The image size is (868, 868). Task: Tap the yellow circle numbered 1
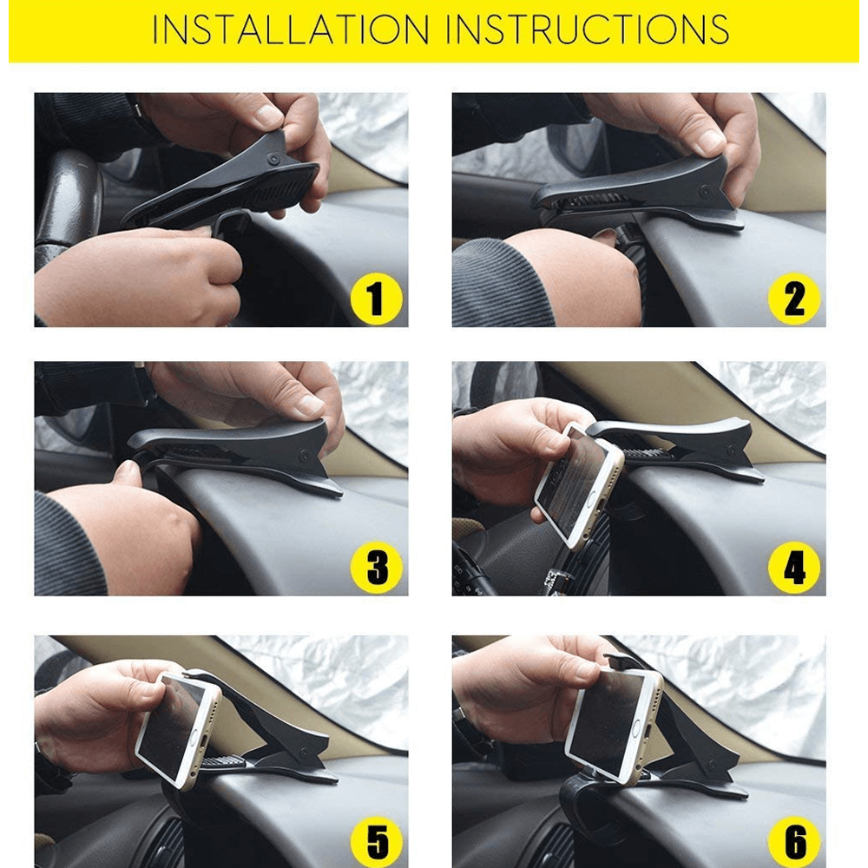376,299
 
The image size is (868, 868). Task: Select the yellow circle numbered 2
794,299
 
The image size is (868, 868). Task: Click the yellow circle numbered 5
376,841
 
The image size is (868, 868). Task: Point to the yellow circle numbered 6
794,841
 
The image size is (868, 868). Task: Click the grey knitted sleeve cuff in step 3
69,542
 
